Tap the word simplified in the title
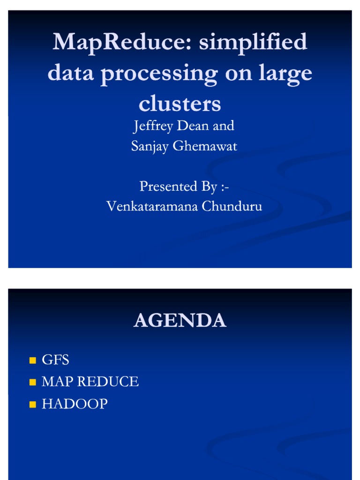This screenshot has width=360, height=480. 253,43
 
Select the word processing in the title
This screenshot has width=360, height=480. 159,74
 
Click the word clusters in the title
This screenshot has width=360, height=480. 180,104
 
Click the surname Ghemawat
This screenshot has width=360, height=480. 205,146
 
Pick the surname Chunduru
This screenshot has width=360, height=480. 232,207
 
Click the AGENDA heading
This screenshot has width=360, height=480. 180,321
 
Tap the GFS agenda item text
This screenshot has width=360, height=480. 55,360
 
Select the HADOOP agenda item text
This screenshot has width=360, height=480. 75,404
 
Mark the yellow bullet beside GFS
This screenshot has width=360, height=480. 32,360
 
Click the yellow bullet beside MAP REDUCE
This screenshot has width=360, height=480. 32,382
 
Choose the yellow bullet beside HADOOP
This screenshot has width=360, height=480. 32,405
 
